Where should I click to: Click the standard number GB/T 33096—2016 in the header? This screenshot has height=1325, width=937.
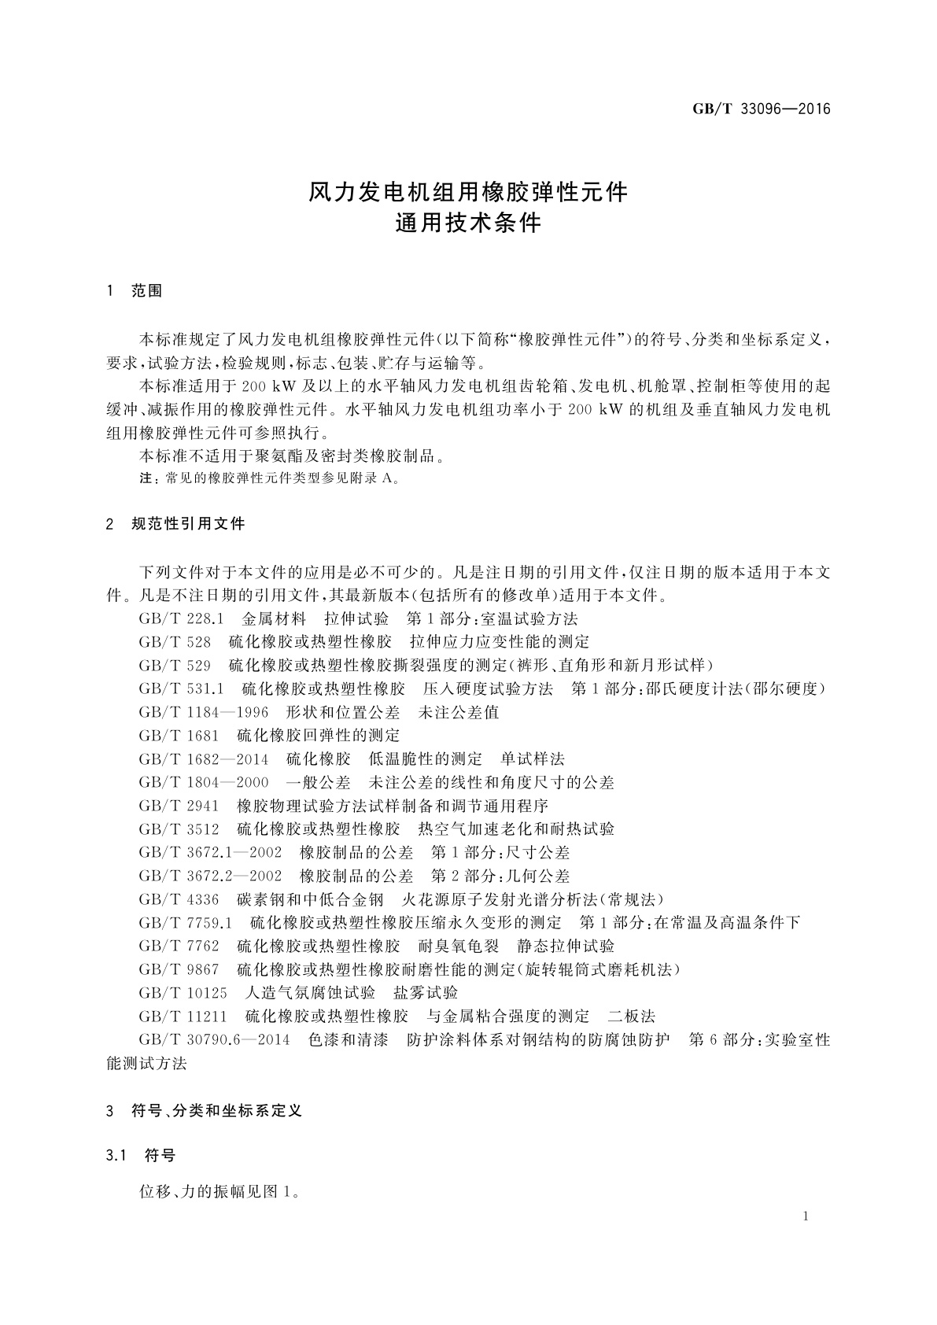pyautogui.click(x=761, y=109)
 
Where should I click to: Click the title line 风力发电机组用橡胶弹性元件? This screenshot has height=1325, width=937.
pyautogui.click(x=468, y=192)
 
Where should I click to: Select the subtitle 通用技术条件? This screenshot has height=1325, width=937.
pyautogui.click(x=468, y=223)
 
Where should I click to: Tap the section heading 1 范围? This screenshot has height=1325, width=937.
pyautogui.click(x=135, y=291)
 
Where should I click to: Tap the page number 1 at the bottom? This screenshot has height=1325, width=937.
pyautogui.click(x=806, y=1216)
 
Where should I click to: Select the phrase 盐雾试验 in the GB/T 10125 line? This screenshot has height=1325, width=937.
pyautogui.click(x=426, y=992)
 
